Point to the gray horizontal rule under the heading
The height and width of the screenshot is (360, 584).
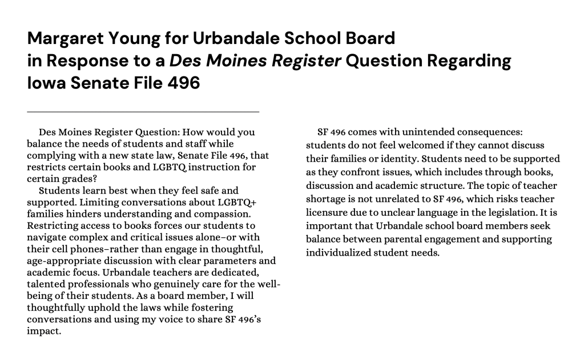[143, 111]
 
